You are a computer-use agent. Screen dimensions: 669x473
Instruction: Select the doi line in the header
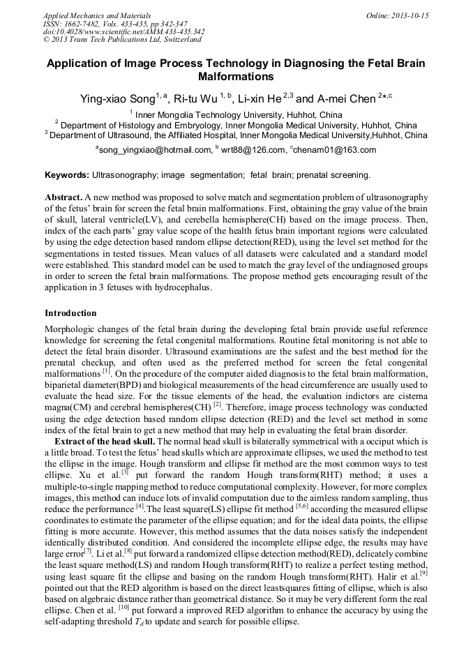123,31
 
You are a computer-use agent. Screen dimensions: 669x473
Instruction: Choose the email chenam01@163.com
336,150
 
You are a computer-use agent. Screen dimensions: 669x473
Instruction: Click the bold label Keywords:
67,174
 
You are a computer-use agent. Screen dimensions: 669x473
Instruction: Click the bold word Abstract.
64,197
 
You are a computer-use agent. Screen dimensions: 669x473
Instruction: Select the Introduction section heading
70,313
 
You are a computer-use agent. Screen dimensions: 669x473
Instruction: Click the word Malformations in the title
236,76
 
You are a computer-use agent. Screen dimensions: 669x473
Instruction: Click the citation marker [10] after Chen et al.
123,608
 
